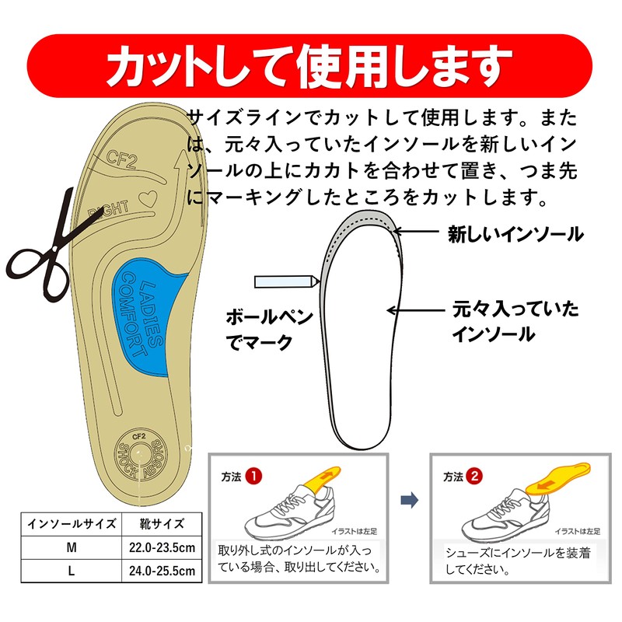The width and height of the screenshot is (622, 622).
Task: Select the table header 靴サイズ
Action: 162,523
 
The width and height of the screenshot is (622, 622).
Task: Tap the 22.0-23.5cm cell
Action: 162,548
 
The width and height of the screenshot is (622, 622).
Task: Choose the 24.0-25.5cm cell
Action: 162,573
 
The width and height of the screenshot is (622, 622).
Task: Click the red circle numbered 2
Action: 474,475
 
